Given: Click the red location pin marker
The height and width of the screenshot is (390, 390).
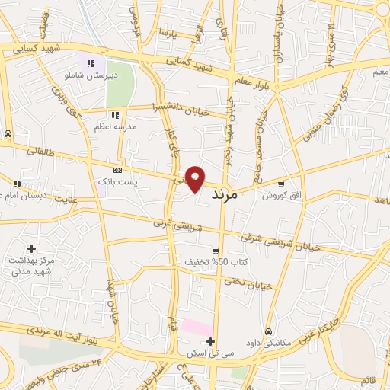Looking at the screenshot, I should point(196,178).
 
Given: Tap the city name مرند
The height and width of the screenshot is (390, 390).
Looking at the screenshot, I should point(222,194).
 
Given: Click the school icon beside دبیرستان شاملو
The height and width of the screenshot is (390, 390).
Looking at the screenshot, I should point(91,64).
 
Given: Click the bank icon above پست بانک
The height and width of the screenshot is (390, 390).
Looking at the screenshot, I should point(117,170).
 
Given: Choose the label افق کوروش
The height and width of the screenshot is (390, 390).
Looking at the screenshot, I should point(278,195).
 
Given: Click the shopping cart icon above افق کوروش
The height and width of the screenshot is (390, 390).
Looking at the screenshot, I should point(282,183).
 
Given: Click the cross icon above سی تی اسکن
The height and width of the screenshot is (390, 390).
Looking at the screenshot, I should point(211,342).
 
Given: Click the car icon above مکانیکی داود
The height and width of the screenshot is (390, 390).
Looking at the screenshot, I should point(269,331).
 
